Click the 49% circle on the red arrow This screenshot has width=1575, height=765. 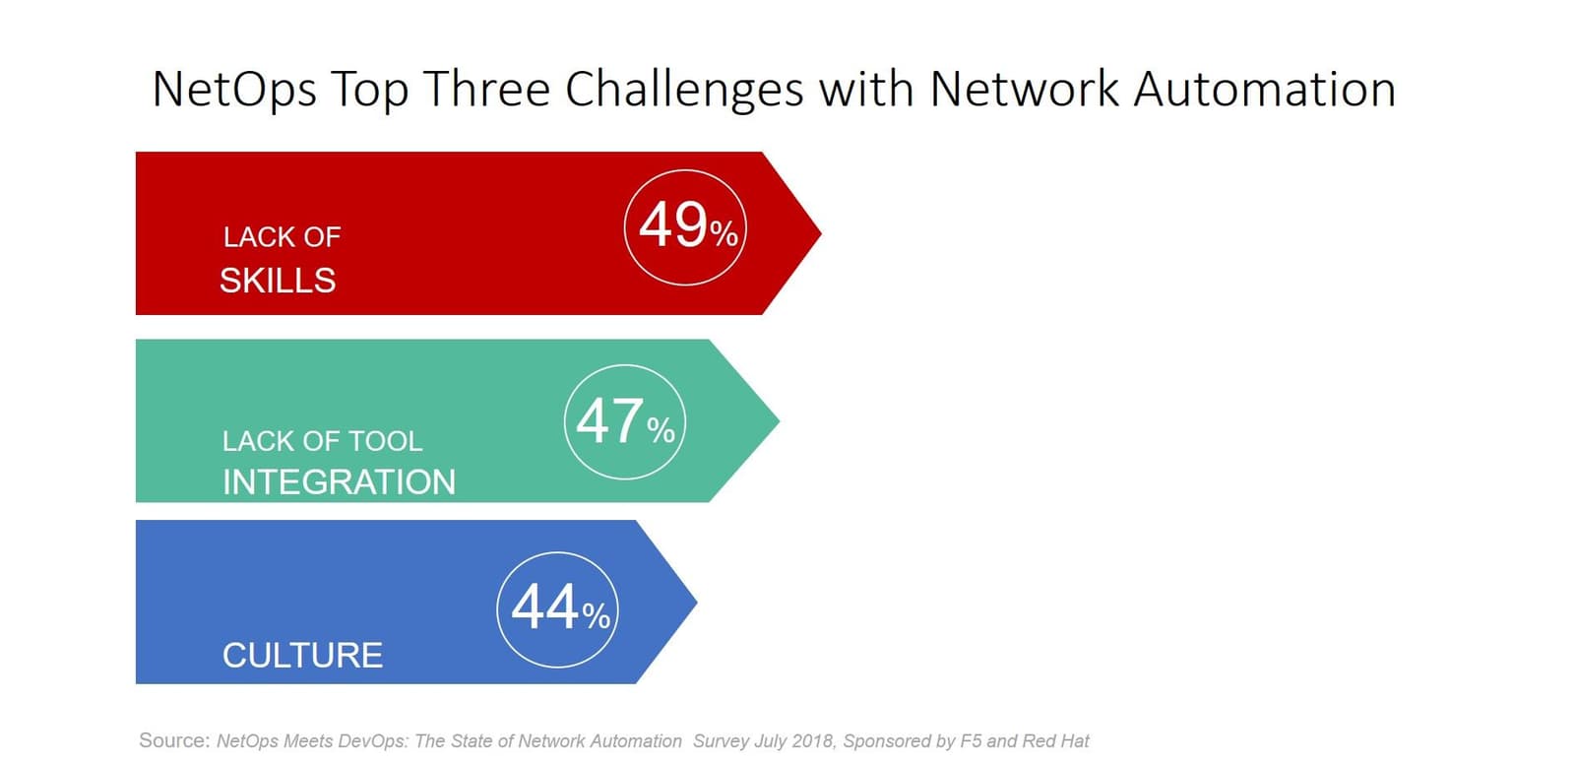[624, 228]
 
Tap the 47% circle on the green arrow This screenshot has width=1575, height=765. [565, 422]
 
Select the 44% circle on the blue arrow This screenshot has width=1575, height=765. [497, 610]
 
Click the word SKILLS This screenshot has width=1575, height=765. [278, 282]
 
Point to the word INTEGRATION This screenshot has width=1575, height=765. [339, 482]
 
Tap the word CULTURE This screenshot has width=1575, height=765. [302, 656]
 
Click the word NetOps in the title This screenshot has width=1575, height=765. [234, 90]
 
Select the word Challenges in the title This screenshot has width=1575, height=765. [684, 90]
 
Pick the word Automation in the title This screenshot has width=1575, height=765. [1265, 89]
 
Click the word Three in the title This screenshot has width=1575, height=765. [486, 89]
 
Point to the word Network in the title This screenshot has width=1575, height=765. [1025, 89]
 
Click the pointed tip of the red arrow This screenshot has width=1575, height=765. [821, 232]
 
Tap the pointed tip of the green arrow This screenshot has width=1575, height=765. [779, 420]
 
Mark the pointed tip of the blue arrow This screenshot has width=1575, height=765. [697, 602]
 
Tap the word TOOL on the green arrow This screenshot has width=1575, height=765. [386, 441]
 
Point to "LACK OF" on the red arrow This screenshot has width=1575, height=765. [282, 237]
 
